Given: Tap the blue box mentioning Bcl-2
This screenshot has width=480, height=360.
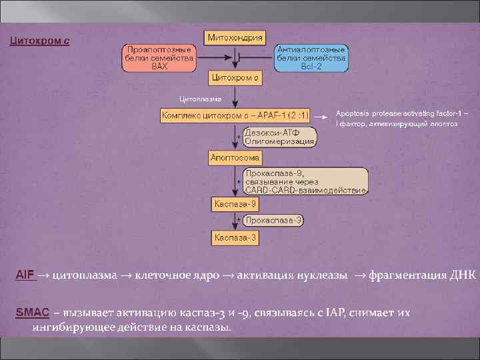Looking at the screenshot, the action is pyautogui.click(x=311, y=58).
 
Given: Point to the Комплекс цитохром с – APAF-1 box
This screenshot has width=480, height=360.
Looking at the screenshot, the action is pyautogui.click(x=235, y=117).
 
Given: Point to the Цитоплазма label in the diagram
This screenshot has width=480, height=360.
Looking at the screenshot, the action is pyautogui.click(x=194, y=100).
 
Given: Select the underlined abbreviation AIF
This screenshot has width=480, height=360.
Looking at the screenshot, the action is pyautogui.click(x=25, y=275).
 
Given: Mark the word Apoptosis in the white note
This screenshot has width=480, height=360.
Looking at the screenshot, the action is pyautogui.click(x=352, y=113).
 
